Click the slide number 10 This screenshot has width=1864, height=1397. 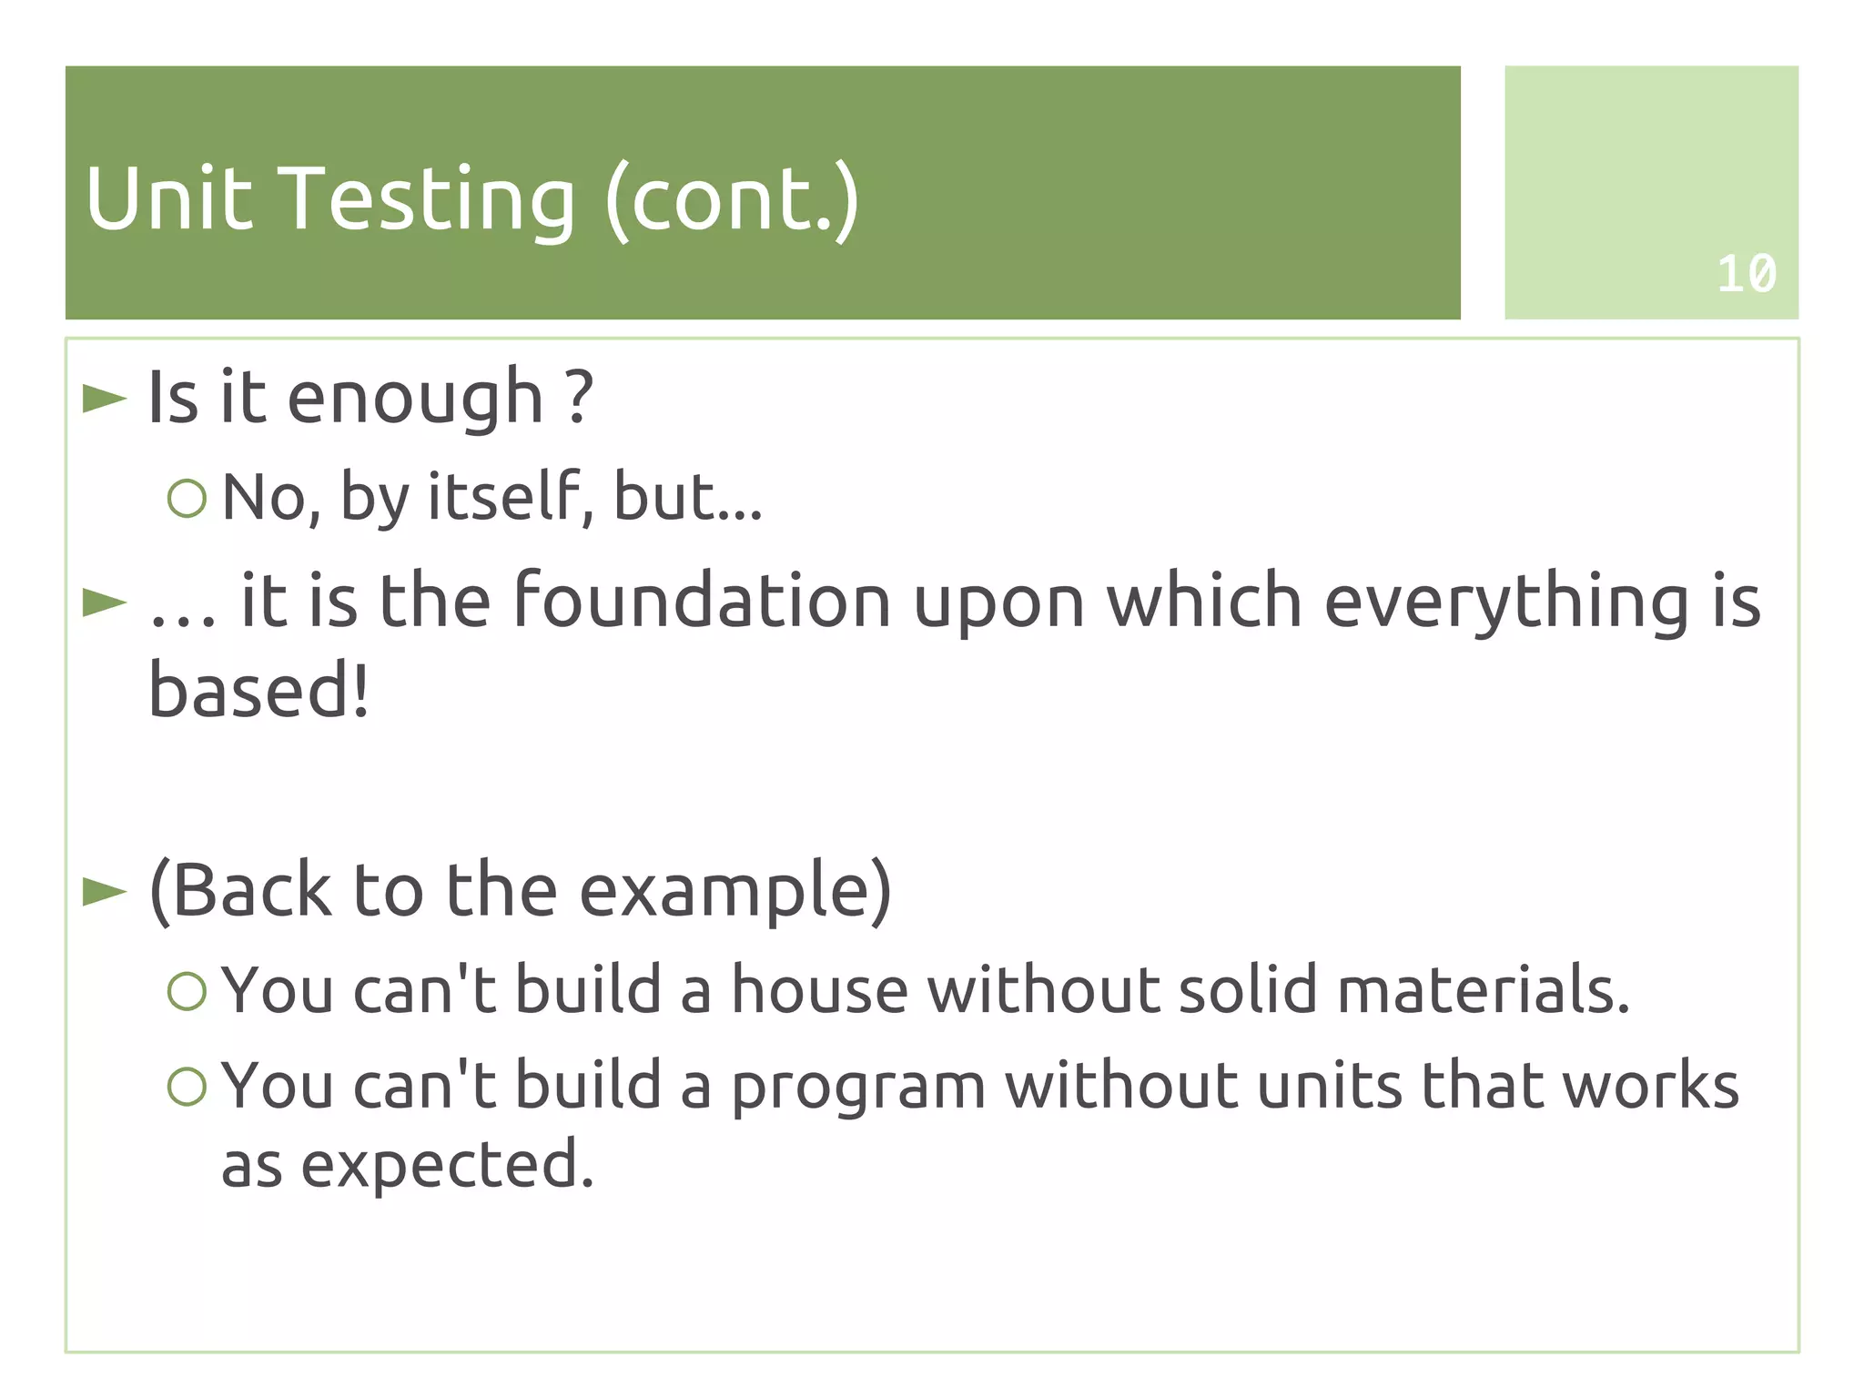[x=1746, y=273]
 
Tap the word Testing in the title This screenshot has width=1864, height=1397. [x=430, y=200]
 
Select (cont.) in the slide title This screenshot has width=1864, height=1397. [x=732, y=200]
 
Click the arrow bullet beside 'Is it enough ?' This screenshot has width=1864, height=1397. [x=104, y=398]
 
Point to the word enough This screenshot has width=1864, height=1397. [x=415, y=399]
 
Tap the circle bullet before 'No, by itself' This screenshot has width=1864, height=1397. [x=187, y=498]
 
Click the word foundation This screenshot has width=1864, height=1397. [x=702, y=601]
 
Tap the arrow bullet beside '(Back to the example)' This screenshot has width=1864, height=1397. [x=104, y=891]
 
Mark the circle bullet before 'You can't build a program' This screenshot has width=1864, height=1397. [x=187, y=1086]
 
